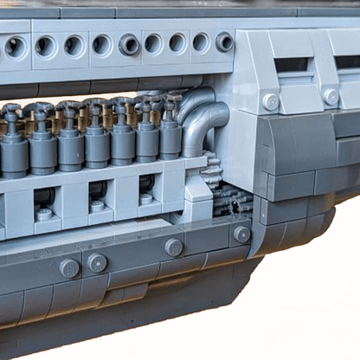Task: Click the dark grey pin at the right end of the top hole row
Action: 224,42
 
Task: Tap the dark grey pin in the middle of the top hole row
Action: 129,44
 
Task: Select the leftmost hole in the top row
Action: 15,47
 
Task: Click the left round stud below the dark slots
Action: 271,101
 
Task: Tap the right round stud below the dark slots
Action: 331,97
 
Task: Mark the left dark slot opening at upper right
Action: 292,64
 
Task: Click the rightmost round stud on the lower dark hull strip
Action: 241,234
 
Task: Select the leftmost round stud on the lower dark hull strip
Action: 69,267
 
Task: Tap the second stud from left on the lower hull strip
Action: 97,262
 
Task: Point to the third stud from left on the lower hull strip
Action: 174,247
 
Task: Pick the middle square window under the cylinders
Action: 97,193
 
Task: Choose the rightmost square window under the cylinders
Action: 146,186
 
